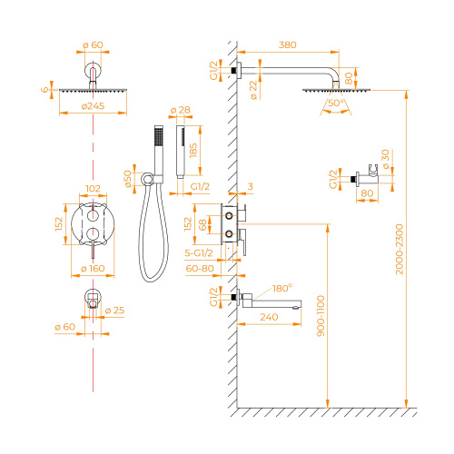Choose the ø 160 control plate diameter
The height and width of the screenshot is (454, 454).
[93, 270]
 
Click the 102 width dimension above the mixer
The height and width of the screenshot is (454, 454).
[93, 191]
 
